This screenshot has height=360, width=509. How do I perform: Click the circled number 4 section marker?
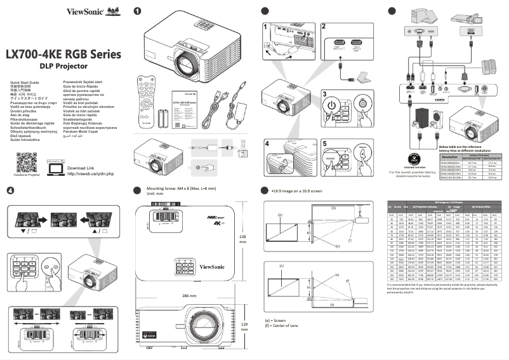coord(10,190)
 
